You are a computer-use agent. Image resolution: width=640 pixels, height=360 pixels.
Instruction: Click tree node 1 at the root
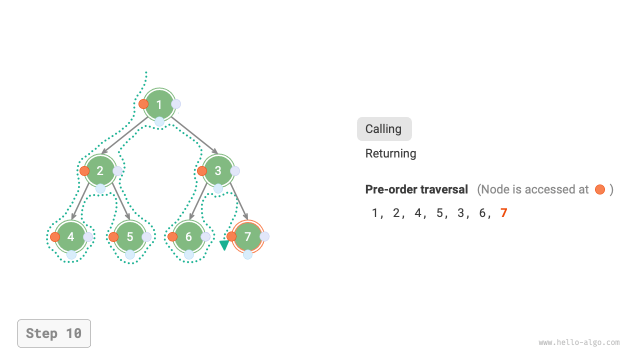(159, 104)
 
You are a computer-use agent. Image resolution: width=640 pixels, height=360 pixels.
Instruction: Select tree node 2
(100, 171)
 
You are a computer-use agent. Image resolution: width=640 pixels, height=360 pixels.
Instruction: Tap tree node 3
(218, 171)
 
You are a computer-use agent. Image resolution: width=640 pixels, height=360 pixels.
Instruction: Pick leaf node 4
(71, 236)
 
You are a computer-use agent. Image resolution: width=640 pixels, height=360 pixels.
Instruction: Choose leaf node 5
(130, 236)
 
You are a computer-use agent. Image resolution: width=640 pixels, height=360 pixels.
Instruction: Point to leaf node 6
(188, 236)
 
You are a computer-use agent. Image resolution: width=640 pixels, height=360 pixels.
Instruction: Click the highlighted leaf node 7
(247, 236)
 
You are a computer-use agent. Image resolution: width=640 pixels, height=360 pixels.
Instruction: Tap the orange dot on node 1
(143, 104)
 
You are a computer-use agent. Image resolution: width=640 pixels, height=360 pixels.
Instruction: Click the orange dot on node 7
(231, 236)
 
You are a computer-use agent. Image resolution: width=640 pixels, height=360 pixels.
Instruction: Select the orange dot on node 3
(202, 171)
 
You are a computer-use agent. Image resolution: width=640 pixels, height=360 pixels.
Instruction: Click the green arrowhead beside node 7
(224, 245)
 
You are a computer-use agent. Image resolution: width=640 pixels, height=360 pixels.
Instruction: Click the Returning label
(390, 153)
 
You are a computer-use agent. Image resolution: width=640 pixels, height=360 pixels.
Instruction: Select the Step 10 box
(54, 333)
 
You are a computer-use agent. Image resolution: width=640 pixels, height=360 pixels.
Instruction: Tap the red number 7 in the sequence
(503, 213)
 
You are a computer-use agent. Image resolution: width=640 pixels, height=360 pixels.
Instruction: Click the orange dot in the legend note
(600, 189)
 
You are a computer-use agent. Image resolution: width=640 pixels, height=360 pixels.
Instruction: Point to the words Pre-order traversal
(416, 189)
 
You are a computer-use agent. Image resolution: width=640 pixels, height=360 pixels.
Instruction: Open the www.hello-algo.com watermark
(579, 342)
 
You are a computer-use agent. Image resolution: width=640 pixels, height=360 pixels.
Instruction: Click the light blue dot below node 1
(159, 121)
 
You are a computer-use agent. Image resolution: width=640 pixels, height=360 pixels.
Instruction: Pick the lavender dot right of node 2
(117, 171)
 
